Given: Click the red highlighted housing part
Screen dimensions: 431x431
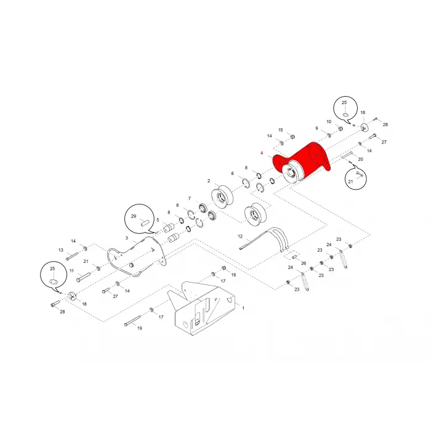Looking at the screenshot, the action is click(302, 163).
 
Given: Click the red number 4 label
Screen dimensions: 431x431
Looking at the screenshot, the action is click(262, 153).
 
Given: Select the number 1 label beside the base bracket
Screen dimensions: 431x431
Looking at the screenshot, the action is click(243, 308).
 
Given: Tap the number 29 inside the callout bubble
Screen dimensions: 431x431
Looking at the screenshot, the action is click(134, 216).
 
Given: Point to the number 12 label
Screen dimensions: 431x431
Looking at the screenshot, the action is click(240, 236).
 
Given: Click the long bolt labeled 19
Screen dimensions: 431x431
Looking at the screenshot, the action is click(132, 321).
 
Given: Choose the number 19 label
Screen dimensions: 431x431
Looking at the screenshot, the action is click(140, 328).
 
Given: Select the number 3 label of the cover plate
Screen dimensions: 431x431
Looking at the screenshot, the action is click(127, 238).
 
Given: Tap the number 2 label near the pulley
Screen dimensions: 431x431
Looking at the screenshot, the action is click(209, 181).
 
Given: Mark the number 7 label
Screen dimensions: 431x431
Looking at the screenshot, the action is click(190, 198).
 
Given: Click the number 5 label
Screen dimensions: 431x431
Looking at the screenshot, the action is click(158, 220).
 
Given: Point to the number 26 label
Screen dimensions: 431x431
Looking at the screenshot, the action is click(304, 264).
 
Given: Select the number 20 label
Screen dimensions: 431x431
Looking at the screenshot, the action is click(360, 159).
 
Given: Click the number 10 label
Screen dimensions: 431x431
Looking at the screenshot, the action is click(329, 122).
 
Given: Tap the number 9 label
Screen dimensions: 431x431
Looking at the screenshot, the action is click(316, 128).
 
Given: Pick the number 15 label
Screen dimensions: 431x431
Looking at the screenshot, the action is click(280, 130).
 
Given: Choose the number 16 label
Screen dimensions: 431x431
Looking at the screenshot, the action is click(233, 275).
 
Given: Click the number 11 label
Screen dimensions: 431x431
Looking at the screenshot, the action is click(71, 271).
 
